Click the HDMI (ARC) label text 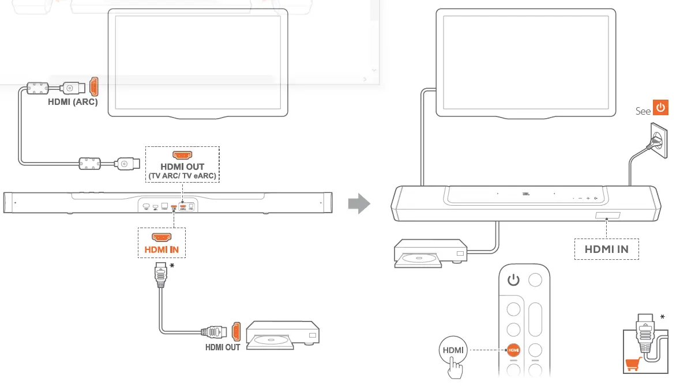[73, 103]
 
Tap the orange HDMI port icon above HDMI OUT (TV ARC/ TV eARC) [182, 155]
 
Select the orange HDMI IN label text [161, 249]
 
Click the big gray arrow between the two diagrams [359, 203]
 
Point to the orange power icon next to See [660, 108]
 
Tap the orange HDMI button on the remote [513, 349]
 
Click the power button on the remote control [513, 281]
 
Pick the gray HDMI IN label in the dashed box [607, 249]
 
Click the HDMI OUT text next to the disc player [223, 347]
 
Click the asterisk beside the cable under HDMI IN [171, 266]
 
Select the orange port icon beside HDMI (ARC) [93, 86]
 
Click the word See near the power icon [643, 111]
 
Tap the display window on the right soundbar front [605, 217]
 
